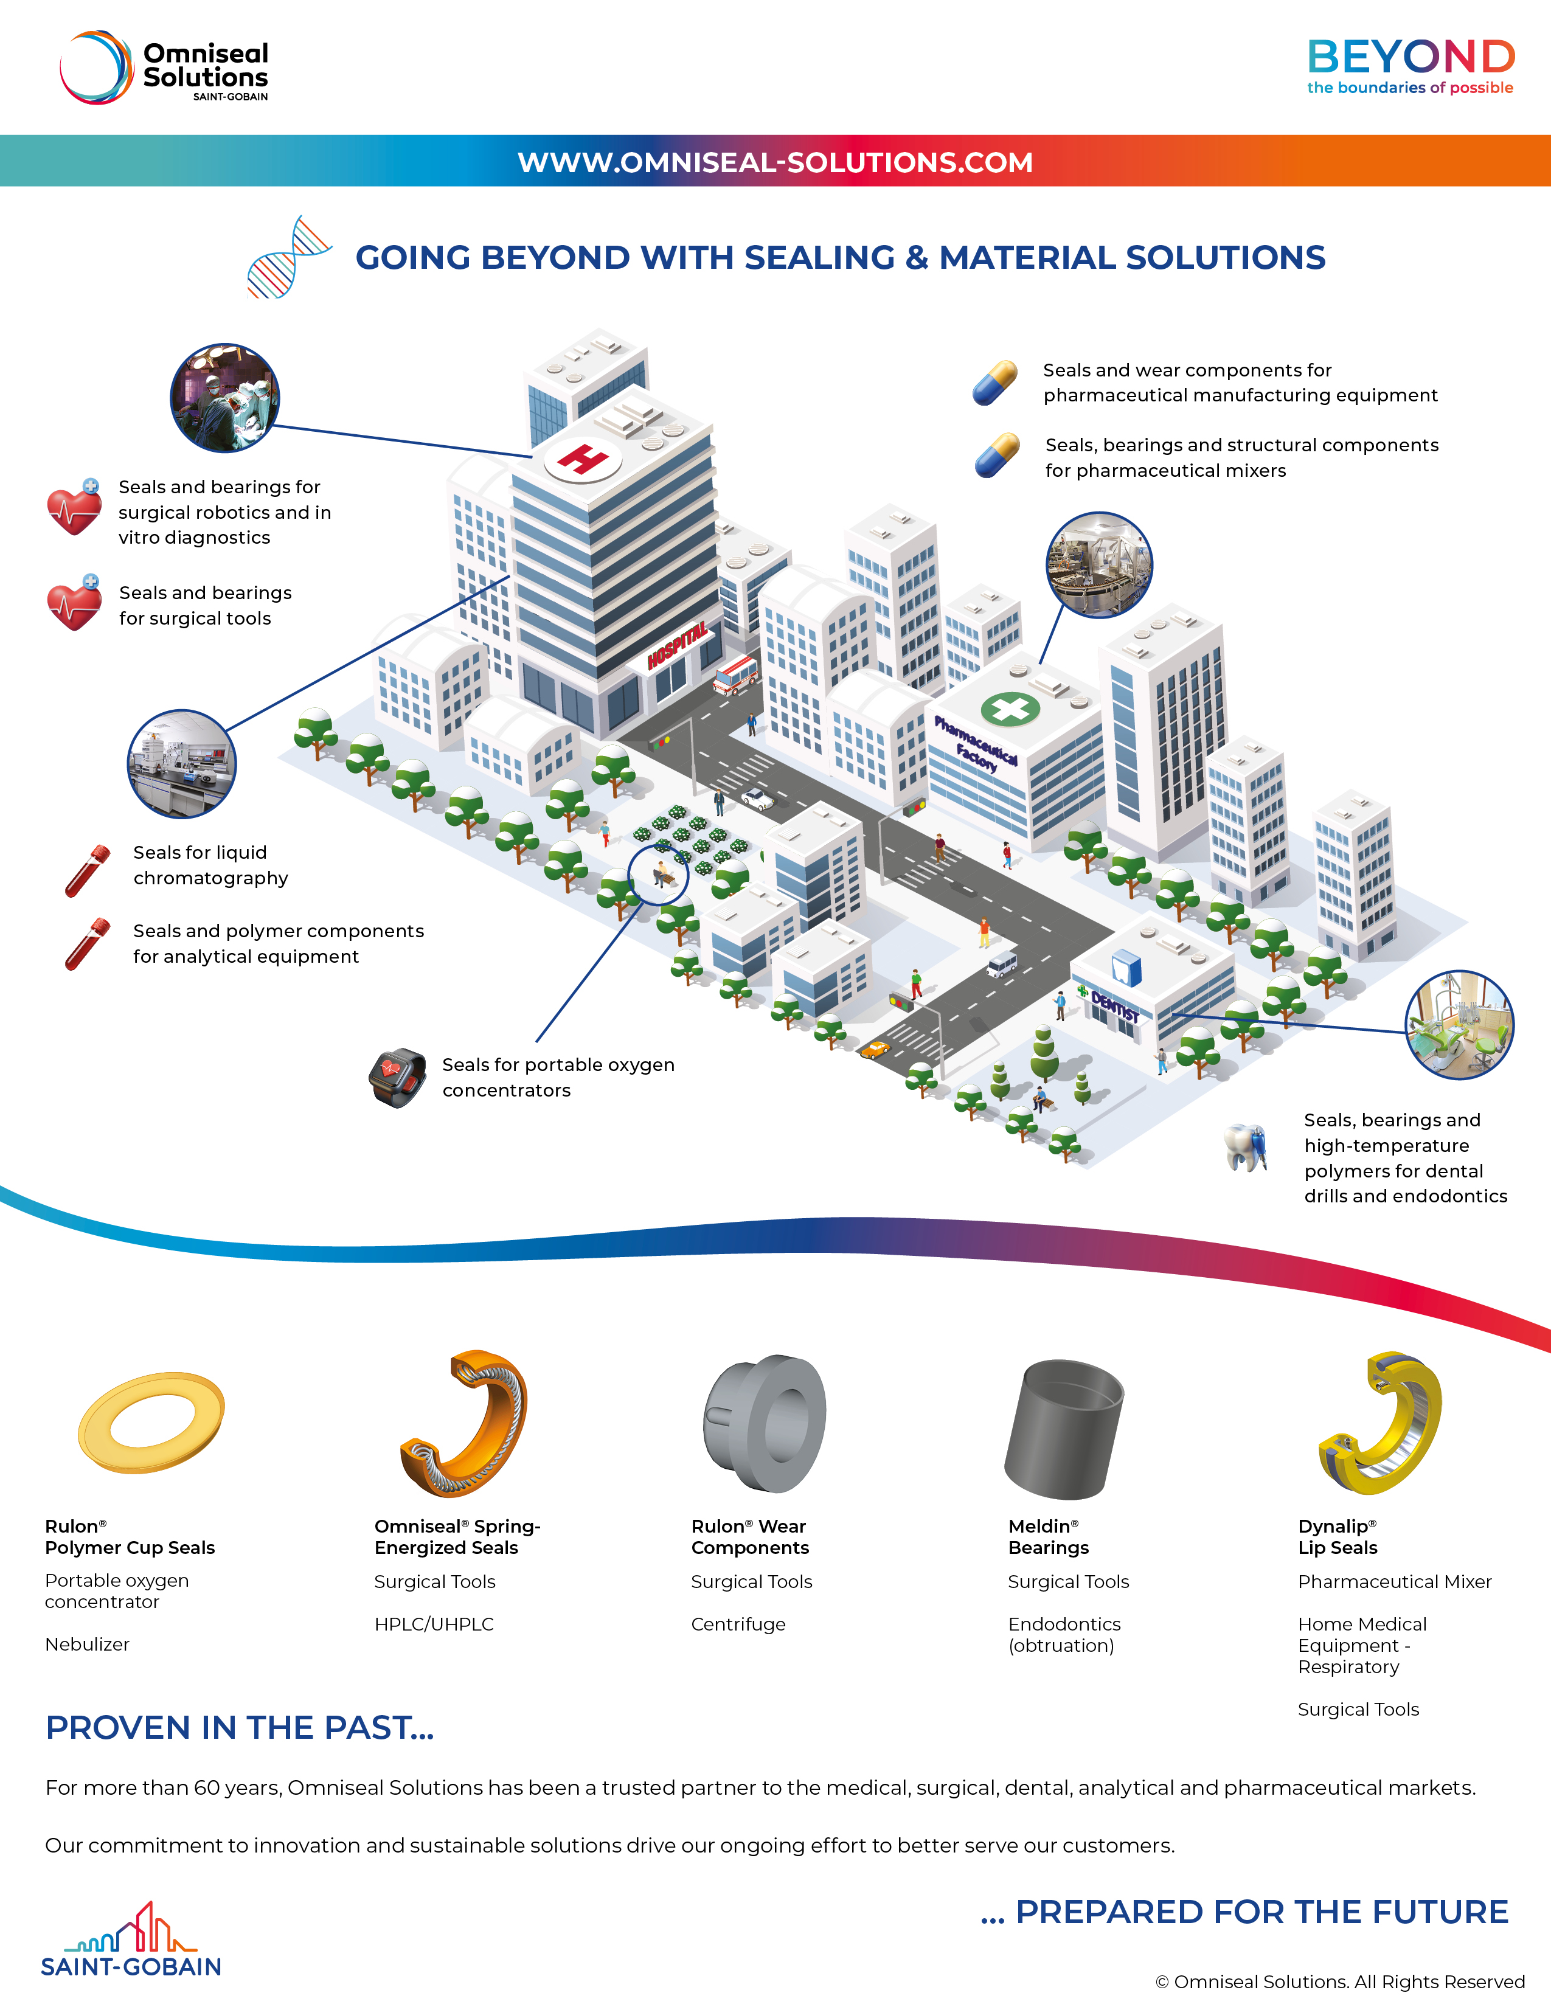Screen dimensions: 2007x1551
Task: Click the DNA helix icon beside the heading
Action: [x=288, y=257]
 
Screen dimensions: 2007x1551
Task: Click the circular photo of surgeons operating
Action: [x=224, y=398]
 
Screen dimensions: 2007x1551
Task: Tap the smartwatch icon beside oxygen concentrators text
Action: [x=398, y=1077]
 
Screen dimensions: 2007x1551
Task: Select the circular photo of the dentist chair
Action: [x=1459, y=1025]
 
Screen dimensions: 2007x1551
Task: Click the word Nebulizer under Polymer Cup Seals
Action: [x=88, y=1644]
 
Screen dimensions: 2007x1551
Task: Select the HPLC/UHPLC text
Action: [x=434, y=1624]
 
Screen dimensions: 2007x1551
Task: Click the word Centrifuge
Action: [x=738, y=1624]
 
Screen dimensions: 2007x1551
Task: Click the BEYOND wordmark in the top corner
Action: [x=1410, y=57]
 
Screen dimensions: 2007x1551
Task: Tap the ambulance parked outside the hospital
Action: [x=736, y=674]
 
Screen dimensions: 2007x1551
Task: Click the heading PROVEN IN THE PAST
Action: [x=239, y=1728]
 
